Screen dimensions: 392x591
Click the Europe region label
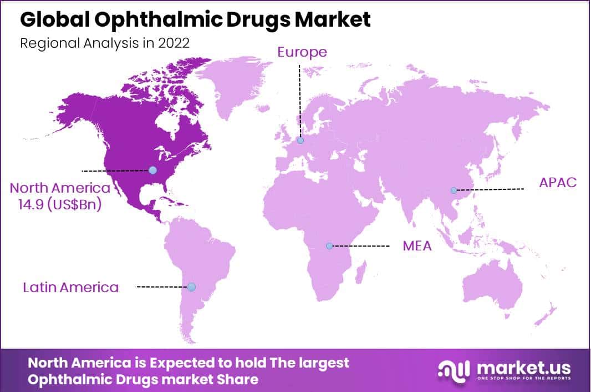pyautogui.click(x=302, y=52)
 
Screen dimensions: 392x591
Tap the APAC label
pyautogui.click(x=558, y=183)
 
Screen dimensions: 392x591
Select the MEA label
pyautogui.click(x=417, y=245)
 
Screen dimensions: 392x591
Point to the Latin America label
pyautogui.click(x=71, y=287)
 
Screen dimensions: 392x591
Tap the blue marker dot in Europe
pyautogui.click(x=300, y=141)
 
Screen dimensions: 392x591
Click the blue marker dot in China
pyautogui.click(x=454, y=190)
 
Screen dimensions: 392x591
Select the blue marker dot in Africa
pyautogui.click(x=329, y=245)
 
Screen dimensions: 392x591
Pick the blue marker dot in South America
pyautogui.click(x=191, y=287)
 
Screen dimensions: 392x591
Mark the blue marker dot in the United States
pyautogui.click(x=152, y=170)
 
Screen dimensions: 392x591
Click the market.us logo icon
pyautogui.click(x=454, y=370)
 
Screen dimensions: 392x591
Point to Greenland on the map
pyautogui.click(x=233, y=83)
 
